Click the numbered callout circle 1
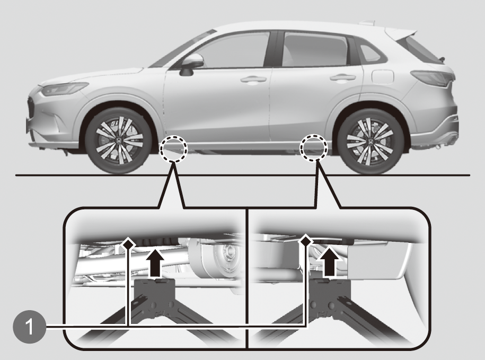click(29, 327)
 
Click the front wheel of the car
click(119, 141)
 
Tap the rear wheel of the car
click(371, 141)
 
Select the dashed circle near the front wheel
click(173, 150)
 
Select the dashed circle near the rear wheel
click(314, 147)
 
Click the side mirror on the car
click(191, 64)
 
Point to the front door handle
click(253, 80)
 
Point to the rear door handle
click(342, 77)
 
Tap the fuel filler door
click(383, 76)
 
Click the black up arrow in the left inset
click(155, 263)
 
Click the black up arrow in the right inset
click(330, 262)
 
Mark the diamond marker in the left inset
click(128, 244)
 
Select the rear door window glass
click(315, 49)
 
